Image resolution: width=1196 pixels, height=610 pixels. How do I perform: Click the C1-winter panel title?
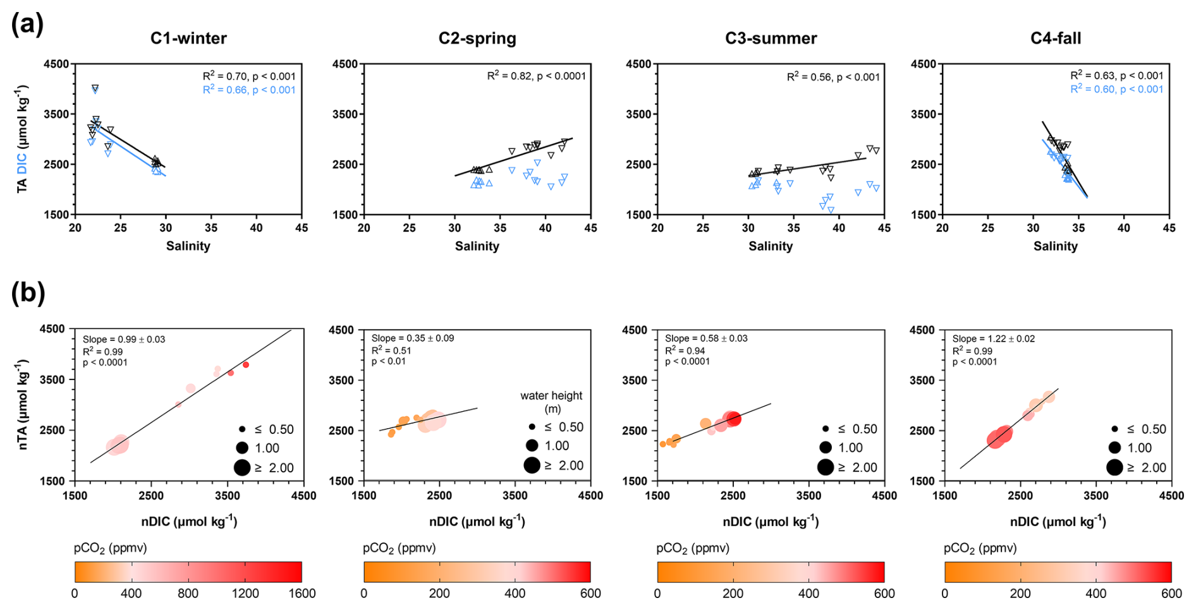[188, 39]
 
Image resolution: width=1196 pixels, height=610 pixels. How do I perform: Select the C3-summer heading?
[771, 39]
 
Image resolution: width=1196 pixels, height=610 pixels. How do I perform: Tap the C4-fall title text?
[1055, 39]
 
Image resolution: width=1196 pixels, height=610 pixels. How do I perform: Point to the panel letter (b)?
[28, 293]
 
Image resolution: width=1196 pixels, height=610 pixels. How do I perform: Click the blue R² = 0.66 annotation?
[249, 90]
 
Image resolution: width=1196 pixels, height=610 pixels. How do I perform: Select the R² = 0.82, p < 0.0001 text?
[536, 76]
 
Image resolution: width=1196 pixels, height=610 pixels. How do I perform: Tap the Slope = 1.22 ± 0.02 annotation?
[993, 339]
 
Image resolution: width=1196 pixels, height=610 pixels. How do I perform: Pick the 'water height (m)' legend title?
[551, 402]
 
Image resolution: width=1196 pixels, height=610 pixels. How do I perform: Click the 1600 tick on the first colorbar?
[302, 594]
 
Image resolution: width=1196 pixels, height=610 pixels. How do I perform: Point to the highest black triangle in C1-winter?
[95, 88]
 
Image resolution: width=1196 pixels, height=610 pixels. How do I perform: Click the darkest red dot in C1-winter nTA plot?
[246, 365]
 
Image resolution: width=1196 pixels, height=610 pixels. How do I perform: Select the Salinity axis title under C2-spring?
[477, 246]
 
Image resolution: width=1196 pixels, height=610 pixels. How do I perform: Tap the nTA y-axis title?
[23, 404]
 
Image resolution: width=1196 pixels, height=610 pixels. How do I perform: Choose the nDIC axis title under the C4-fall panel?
[1058, 522]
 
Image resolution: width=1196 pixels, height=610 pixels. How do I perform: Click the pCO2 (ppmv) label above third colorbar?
[693, 548]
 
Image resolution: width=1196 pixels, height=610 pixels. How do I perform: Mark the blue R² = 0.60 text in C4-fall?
[1116, 89]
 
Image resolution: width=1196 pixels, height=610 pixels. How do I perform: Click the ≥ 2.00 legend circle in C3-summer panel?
[825, 467]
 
